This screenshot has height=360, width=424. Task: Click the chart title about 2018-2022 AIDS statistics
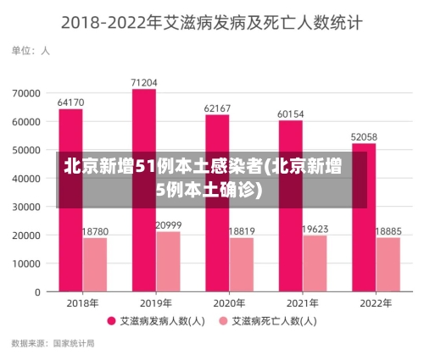pyautogui.click(x=212, y=22)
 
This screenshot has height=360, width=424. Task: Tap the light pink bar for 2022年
pyautogui.click(x=388, y=264)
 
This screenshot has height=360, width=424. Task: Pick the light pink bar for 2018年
pyautogui.click(x=94, y=264)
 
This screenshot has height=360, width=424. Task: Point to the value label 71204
pyautogui.click(x=143, y=82)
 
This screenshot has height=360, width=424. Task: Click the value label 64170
pyautogui.click(x=70, y=102)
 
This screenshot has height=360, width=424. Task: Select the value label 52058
pyautogui.click(x=364, y=136)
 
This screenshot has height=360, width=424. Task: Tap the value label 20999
pyautogui.click(x=168, y=224)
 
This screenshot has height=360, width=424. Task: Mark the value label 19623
pyautogui.click(x=315, y=229)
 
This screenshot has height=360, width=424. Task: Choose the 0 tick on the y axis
pyautogui.click(x=37, y=292)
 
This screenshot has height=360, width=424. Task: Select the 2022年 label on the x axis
pyautogui.click(x=376, y=302)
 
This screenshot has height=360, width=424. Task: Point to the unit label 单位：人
pyautogui.click(x=31, y=51)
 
